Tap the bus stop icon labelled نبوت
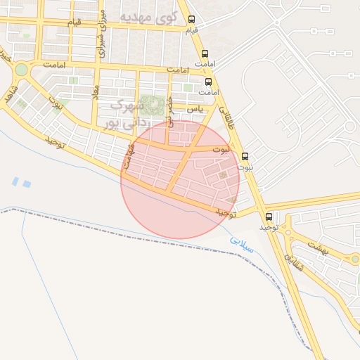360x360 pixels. click(245, 156)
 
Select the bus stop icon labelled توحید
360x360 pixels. click(269, 217)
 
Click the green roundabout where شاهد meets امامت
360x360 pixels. click(20, 70)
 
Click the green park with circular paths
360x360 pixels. click(150, 105)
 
